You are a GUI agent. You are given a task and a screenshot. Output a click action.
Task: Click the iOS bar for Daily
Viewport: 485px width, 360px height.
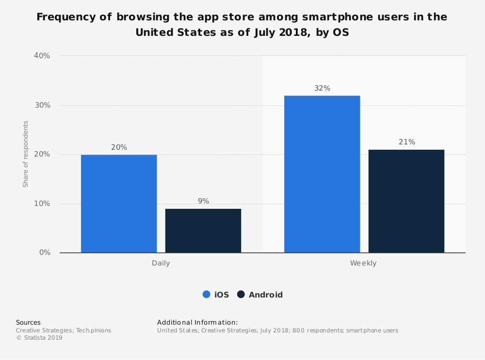pos(119,203)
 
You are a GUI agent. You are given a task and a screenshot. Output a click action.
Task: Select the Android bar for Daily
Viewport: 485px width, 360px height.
pos(203,231)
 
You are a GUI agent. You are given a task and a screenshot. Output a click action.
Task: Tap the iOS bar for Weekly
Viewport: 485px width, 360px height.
pos(322,174)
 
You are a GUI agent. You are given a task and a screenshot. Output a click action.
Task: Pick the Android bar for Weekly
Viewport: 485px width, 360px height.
pos(406,201)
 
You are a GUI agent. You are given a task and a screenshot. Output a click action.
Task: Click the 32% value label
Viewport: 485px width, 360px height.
pos(322,88)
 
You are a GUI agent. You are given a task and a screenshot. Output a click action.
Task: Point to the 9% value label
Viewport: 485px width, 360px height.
pos(203,201)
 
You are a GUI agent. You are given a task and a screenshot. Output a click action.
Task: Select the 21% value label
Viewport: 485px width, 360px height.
pos(406,142)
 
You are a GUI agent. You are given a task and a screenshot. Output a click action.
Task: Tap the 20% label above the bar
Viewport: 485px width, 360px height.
pos(119,147)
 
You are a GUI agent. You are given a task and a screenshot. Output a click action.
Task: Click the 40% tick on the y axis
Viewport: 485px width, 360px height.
pos(42,56)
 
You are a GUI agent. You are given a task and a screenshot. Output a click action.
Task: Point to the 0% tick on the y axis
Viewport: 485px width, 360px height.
pos(44,252)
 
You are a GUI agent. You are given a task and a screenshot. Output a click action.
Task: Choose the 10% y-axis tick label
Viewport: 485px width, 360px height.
pos(42,203)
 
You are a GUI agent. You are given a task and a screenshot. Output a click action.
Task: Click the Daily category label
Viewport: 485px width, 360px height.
pos(161,264)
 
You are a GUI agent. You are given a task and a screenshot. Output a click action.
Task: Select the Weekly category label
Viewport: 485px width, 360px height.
pos(364,264)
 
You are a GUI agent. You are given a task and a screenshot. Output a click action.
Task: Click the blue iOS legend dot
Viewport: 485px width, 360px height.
pos(206,295)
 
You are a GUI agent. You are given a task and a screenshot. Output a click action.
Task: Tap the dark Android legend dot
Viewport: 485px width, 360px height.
pos(241,295)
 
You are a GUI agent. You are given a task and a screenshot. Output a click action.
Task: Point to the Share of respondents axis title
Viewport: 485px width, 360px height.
pos(26,154)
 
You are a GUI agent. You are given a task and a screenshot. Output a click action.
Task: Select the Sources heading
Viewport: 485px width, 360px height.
pos(28,322)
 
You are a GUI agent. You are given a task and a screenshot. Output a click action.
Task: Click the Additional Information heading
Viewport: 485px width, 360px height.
pos(197,322)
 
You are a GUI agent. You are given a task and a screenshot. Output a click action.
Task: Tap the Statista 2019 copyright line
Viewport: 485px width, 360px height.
pos(39,338)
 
